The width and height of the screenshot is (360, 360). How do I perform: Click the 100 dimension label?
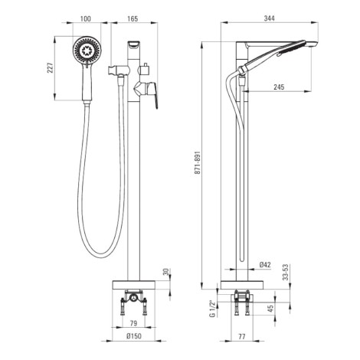(x=85, y=19)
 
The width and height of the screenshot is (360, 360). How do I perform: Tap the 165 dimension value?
(x=133, y=19)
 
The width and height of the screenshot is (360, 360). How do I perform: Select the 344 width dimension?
(x=270, y=18)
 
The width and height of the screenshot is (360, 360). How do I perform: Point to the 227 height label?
(x=51, y=67)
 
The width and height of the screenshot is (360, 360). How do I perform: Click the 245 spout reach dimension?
(x=279, y=87)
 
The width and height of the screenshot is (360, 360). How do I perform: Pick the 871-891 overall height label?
(x=198, y=163)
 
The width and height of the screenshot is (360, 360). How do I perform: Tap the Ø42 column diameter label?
(x=265, y=265)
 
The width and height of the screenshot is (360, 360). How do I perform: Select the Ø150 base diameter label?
(x=133, y=336)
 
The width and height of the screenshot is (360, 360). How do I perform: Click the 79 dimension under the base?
(x=133, y=323)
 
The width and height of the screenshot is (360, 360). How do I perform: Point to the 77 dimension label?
(x=241, y=336)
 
